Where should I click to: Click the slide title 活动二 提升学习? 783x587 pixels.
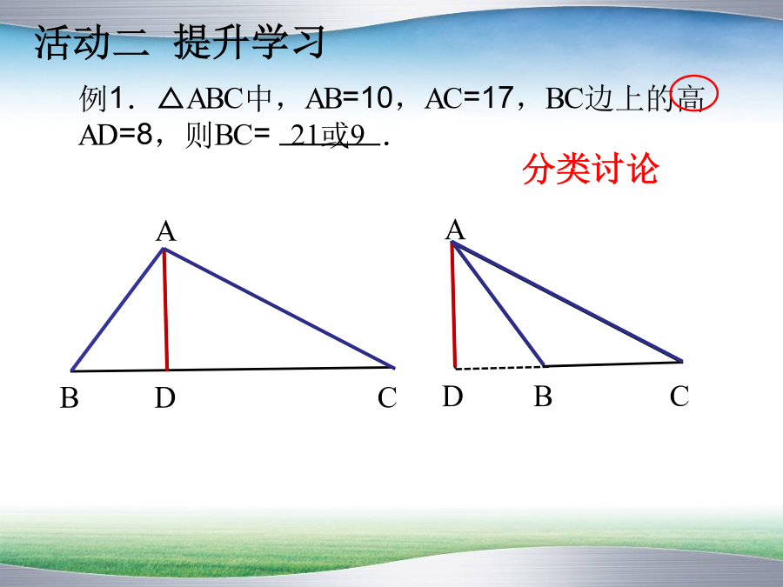tap(180, 43)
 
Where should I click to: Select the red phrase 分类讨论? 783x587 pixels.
tap(590, 169)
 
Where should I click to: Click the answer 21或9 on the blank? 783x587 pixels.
tap(328, 135)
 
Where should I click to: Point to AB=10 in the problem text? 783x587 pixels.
tap(349, 97)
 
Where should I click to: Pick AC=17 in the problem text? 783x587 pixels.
tap(469, 97)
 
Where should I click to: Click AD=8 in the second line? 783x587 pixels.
tap(115, 135)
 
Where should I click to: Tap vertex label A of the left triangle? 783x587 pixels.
tap(166, 232)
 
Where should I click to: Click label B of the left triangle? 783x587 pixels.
tap(70, 398)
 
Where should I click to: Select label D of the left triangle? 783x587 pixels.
tap(164, 398)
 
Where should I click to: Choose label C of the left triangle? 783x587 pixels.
tap(387, 398)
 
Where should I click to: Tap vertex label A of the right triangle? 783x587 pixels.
tap(455, 230)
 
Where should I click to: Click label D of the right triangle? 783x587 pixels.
tap(453, 397)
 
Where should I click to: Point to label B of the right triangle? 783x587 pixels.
tap(543, 397)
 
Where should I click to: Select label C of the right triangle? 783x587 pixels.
tap(679, 397)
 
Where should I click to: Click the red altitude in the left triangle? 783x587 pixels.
tap(165, 310)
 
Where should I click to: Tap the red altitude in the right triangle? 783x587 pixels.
tap(453, 304)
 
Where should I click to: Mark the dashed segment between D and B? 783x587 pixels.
tap(499, 368)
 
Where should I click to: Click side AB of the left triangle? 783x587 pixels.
tap(117, 310)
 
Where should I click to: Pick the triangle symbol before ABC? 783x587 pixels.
tap(171, 99)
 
